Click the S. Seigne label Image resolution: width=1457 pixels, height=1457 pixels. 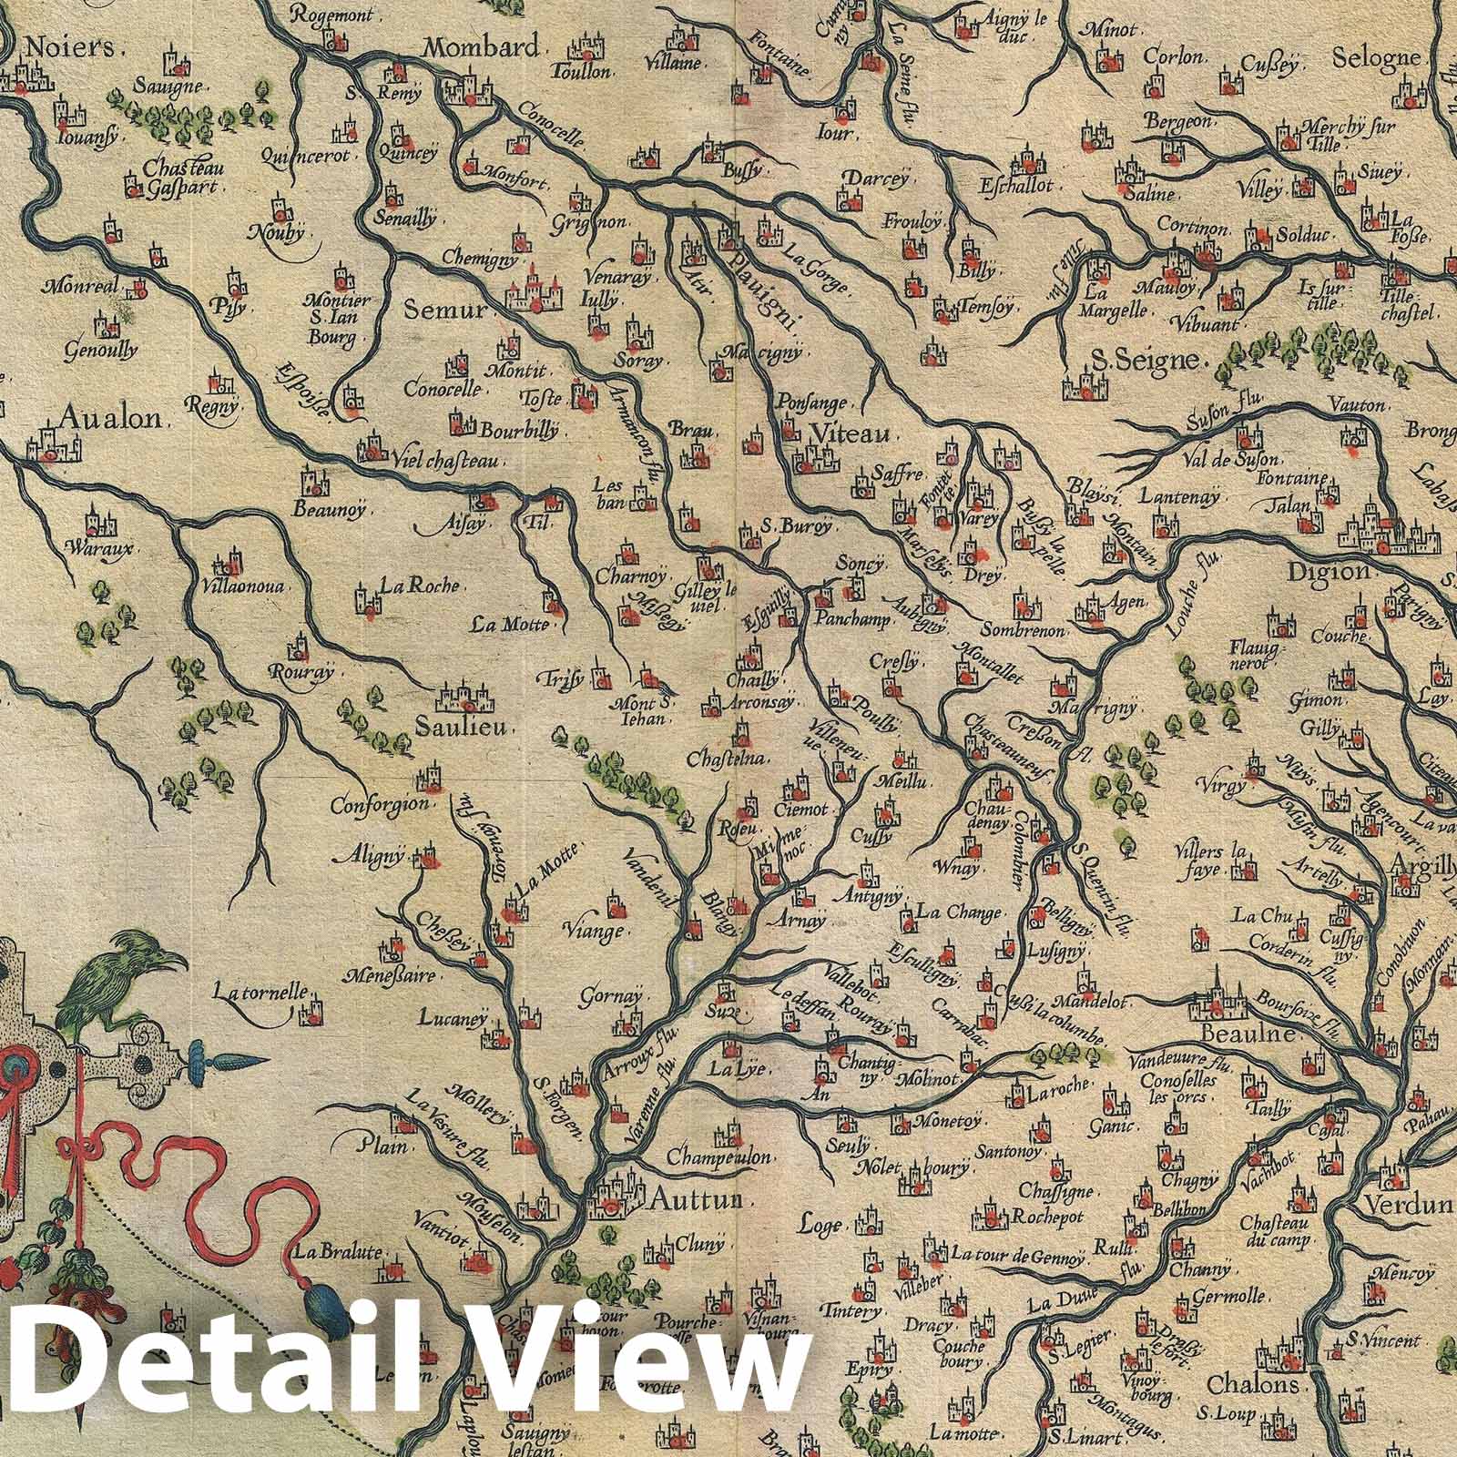pyautogui.click(x=1144, y=359)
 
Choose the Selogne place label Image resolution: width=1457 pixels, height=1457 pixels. pyautogui.click(x=1376, y=57)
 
